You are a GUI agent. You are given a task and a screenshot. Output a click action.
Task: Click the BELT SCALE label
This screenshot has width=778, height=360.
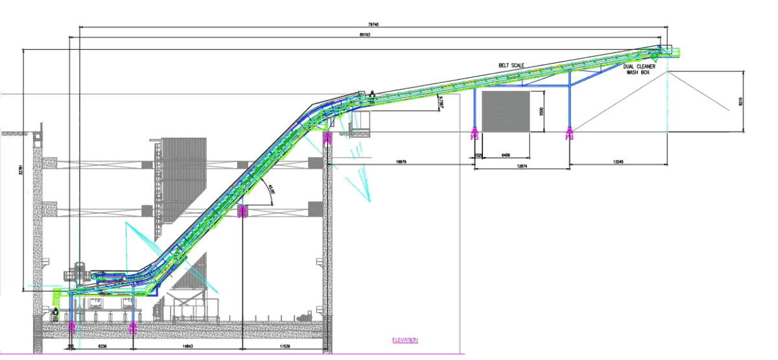point(511,65)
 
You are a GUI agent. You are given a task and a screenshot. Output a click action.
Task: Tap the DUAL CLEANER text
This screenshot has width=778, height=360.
point(640,66)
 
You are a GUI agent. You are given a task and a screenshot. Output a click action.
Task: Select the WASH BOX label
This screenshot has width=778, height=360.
point(638,73)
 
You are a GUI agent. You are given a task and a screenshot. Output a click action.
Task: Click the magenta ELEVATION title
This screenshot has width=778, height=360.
point(405,339)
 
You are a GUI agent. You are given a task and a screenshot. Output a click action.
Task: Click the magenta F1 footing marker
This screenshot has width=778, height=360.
point(72,328)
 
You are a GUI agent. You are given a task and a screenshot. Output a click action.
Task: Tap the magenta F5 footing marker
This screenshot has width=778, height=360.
point(475,135)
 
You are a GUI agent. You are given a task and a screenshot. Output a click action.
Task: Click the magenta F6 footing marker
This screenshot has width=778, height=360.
point(570,135)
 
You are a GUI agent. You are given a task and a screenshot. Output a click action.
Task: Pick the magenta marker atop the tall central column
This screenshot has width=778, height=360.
point(327,138)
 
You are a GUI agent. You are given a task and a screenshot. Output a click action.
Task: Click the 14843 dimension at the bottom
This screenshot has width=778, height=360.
point(186,348)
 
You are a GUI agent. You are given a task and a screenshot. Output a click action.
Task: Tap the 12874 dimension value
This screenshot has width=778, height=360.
point(521,167)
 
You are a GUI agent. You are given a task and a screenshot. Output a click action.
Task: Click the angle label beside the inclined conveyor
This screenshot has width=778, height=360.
point(271,191)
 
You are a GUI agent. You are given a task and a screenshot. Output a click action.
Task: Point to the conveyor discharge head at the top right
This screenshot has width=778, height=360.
point(666,49)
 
